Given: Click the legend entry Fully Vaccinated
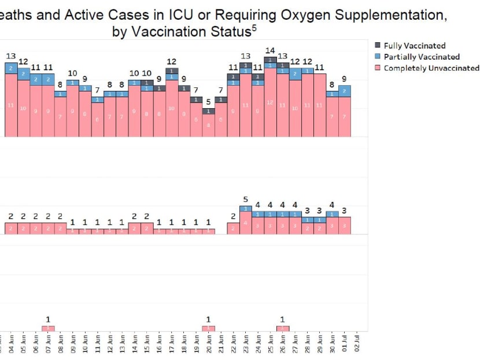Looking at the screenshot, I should [x=414, y=46].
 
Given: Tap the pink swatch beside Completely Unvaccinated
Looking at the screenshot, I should [x=378, y=68].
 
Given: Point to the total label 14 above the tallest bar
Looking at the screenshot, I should [x=270, y=51].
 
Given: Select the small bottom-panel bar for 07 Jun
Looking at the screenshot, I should [x=49, y=328].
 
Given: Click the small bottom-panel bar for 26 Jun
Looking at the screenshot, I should [x=283, y=328].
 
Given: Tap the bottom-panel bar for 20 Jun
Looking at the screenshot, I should [x=209, y=328].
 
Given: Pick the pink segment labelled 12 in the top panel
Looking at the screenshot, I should [x=270, y=102].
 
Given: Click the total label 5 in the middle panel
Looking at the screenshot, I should [x=245, y=200].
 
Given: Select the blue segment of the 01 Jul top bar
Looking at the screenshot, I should [x=345, y=91].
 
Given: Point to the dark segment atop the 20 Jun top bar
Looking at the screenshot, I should [x=209, y=111].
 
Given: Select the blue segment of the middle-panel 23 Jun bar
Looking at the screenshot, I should [x=245, y=208].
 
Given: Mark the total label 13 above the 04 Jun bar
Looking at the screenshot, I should [x=11, y=56].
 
